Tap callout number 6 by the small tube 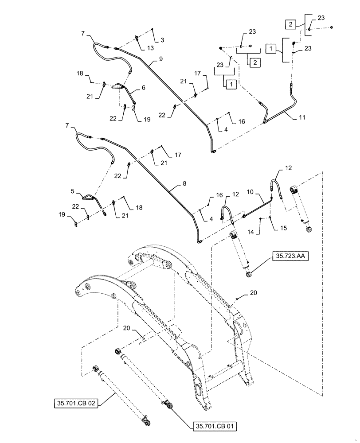tap(143, 88)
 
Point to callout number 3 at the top tap(162, 40)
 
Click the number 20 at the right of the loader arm tap(253, 293)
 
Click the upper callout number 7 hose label tap(83, 33)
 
